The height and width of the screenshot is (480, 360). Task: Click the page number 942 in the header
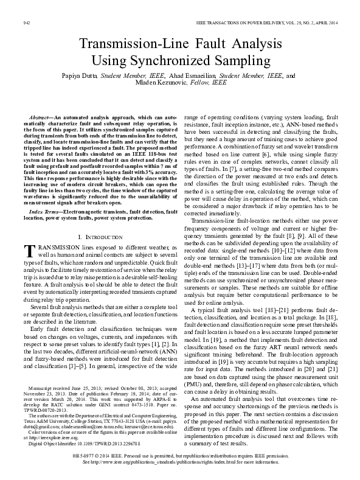point(26,22)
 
